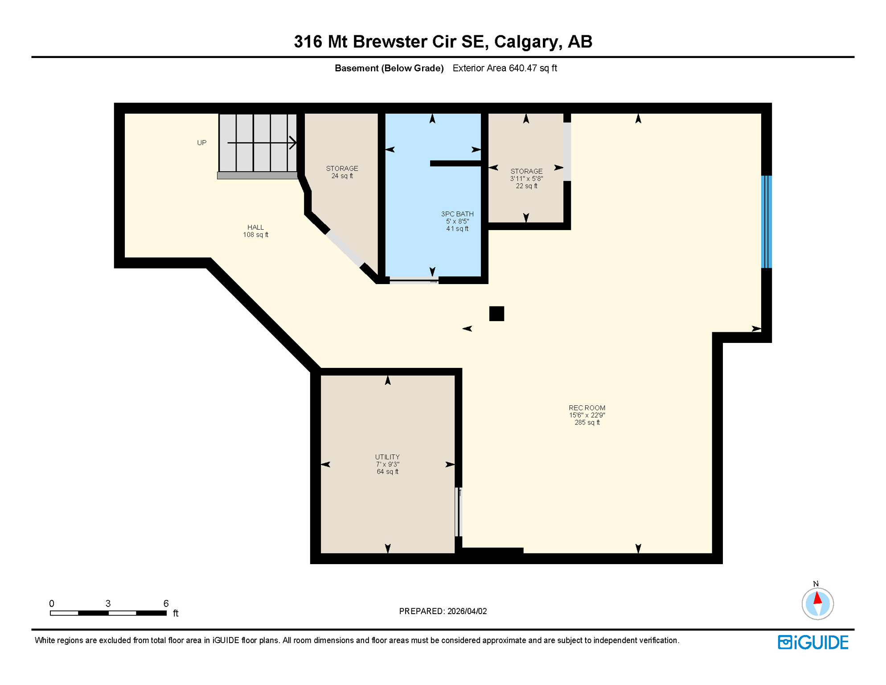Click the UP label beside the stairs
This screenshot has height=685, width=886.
pos(202,143)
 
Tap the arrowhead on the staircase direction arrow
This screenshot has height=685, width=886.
pos(293,143)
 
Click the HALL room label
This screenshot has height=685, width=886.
pos(255,227)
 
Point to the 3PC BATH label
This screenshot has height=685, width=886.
pos(457,214)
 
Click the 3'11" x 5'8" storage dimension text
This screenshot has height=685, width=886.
pos(526,179)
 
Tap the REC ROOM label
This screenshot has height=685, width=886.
pos(587,408)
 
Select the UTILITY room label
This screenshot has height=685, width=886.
pos(387,457)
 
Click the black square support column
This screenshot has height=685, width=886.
pos(496,314)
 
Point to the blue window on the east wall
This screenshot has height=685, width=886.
pos(766,222)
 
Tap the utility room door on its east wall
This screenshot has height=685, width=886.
pos(459,512)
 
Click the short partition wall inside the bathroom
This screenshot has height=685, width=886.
pos(455,164)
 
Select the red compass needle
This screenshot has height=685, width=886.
pos(817,598)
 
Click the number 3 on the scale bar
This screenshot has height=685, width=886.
pos(108,603)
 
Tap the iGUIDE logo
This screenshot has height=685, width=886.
pos(813,642)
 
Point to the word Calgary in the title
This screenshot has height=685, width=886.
pos(528,41)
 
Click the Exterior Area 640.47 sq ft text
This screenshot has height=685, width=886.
pos(505,68)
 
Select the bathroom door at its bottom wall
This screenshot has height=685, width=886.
pos(414,281)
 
